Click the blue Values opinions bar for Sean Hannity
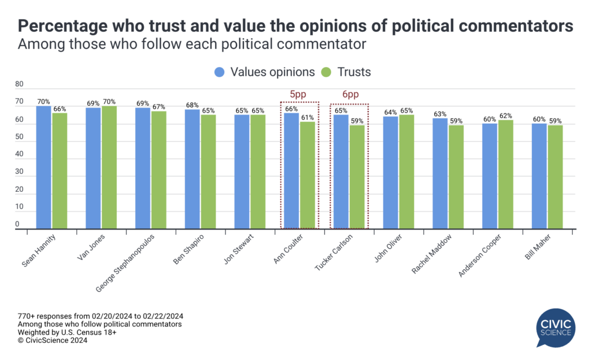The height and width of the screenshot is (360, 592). point(43,168)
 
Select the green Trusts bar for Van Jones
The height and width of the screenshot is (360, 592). point(109,168)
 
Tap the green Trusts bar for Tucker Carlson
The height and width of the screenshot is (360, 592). point(357,177)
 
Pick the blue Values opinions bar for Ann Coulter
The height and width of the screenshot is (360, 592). point(291,171)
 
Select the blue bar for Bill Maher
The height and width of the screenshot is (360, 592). point(539,176)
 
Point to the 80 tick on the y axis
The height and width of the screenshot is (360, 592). point(19,84)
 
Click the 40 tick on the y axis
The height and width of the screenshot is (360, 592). point(19,154)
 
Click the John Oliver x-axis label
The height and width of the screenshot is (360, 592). point(386,249)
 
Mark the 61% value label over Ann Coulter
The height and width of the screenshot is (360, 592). point(308,117)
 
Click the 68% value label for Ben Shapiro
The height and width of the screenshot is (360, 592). point(193,105)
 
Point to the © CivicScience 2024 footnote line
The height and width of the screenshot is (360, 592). point(53,340)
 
